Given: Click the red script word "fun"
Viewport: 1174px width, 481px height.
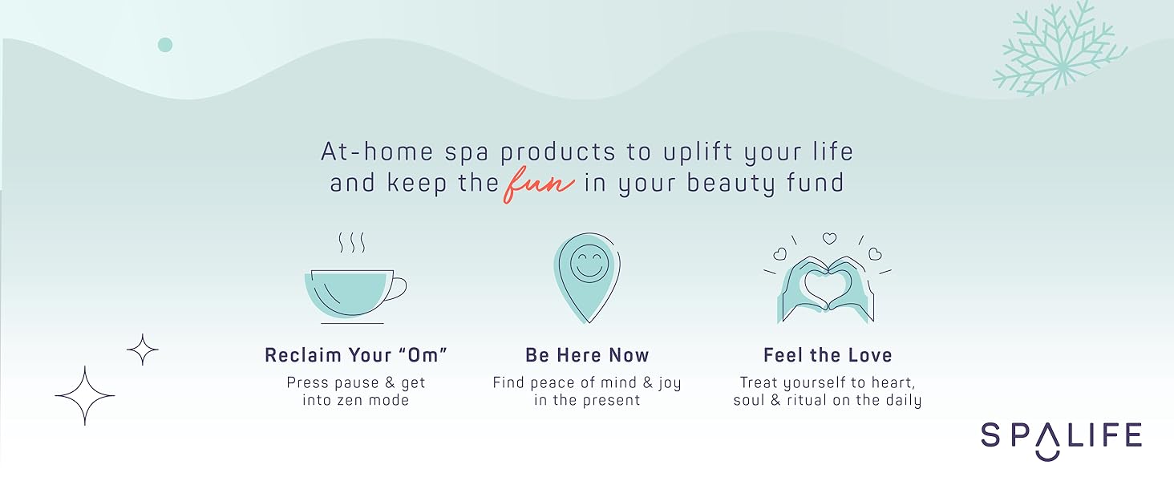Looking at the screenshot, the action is pyautogui.click(x=539, y=185).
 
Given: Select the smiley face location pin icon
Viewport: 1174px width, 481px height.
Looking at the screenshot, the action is pyautogui.click(x=588, y=277).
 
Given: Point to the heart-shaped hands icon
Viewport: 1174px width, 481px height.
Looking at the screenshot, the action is pyautogui.click(x=828, y=277).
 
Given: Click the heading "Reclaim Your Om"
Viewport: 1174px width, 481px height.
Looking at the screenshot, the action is pyautogui.click(x=356, y=355).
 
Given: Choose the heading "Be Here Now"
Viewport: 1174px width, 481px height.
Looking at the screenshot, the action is pyautogui.click(x=587, y=355).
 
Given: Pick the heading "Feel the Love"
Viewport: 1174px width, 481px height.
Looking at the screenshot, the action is pyautogui.click(x=828, y=355).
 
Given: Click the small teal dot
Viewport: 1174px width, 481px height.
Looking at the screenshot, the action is pyautogui.click(x=165, y=45).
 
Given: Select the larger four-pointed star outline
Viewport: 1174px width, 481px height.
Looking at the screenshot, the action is pyautogui.click(x=85, y=395).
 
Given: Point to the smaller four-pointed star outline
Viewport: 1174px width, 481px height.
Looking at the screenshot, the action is pyautogui.click(x=143, y=350).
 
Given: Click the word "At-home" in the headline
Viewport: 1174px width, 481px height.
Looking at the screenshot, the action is pyautogui.click(x=378, y=152).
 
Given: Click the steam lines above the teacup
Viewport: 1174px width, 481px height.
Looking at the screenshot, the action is pyautogui.click(x=352, y=243).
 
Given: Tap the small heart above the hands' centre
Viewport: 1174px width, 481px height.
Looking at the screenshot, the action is pyautogui.click(x=829, y=238).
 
